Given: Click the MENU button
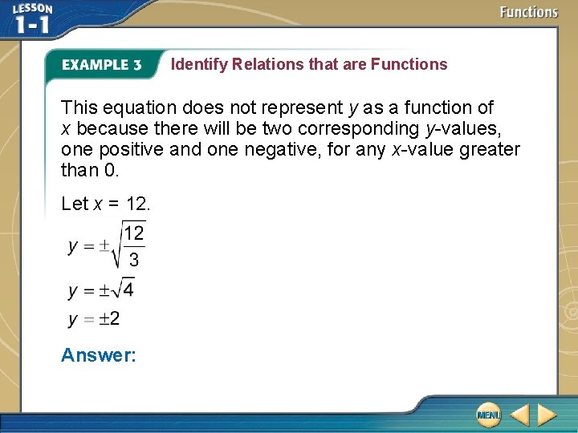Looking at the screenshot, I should coord(487,415).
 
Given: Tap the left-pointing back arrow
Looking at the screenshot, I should coord(519,415).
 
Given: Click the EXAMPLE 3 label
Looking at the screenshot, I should coord(102,65).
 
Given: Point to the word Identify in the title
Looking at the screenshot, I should coord(199,64).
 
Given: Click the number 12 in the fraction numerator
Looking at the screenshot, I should coord(133,233).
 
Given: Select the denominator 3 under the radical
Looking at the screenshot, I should coord(133,259).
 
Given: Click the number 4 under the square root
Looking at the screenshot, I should coord(128,289).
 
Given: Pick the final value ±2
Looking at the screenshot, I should coord(109,319).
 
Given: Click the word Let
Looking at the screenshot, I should coord(74,204).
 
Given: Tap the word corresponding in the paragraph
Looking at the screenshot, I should coord(366,128).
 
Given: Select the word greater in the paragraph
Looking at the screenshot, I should coord(490,149).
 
